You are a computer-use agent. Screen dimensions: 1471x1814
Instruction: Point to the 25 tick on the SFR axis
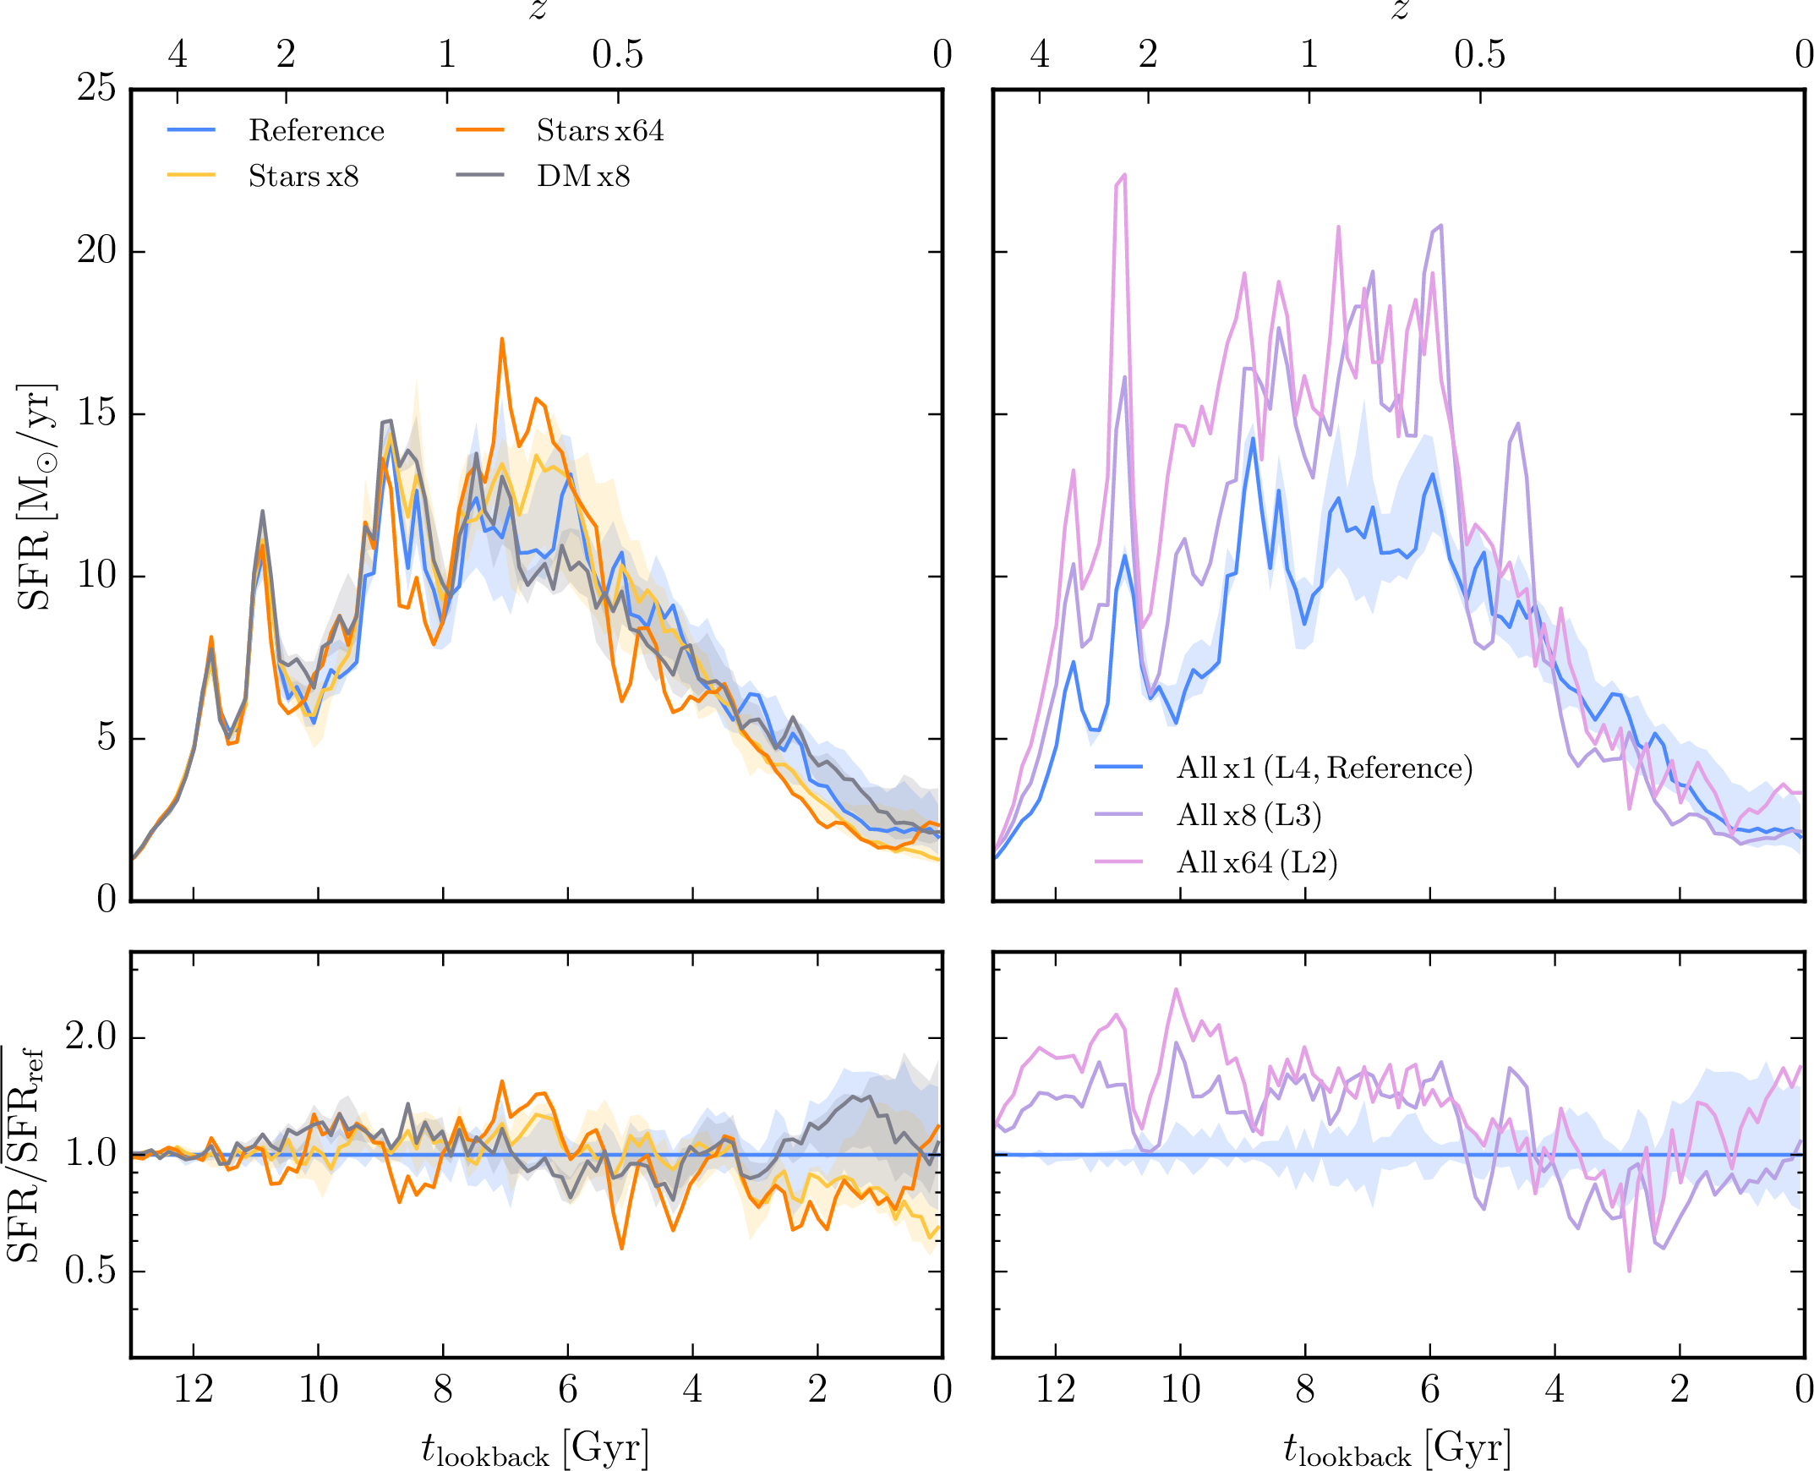(x=96, y=87)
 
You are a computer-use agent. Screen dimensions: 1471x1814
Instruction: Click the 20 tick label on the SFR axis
(x=96, y=251)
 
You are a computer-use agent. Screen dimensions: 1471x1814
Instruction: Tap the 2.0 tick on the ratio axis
(x=90, y=1036)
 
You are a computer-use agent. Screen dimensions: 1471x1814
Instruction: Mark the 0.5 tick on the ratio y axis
(x=90, y=1270)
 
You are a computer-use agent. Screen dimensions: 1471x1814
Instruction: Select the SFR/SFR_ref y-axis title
(x=25, y=1154)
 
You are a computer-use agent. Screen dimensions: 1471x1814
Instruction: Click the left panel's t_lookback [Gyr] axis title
(x=535, y=1447)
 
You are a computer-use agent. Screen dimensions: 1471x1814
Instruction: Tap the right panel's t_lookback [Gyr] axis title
(x=1398, y=1447)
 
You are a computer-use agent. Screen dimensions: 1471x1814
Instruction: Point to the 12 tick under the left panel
(x=194, y=1390)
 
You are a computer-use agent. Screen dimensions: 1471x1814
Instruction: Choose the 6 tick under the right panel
(x=1430, y=1390)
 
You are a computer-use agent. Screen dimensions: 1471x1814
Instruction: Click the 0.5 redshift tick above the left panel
(x=618, y=55)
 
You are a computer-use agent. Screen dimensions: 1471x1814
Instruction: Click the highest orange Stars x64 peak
(x=501, y=339)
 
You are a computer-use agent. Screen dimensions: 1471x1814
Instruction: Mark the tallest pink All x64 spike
(x=1124, y=175)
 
